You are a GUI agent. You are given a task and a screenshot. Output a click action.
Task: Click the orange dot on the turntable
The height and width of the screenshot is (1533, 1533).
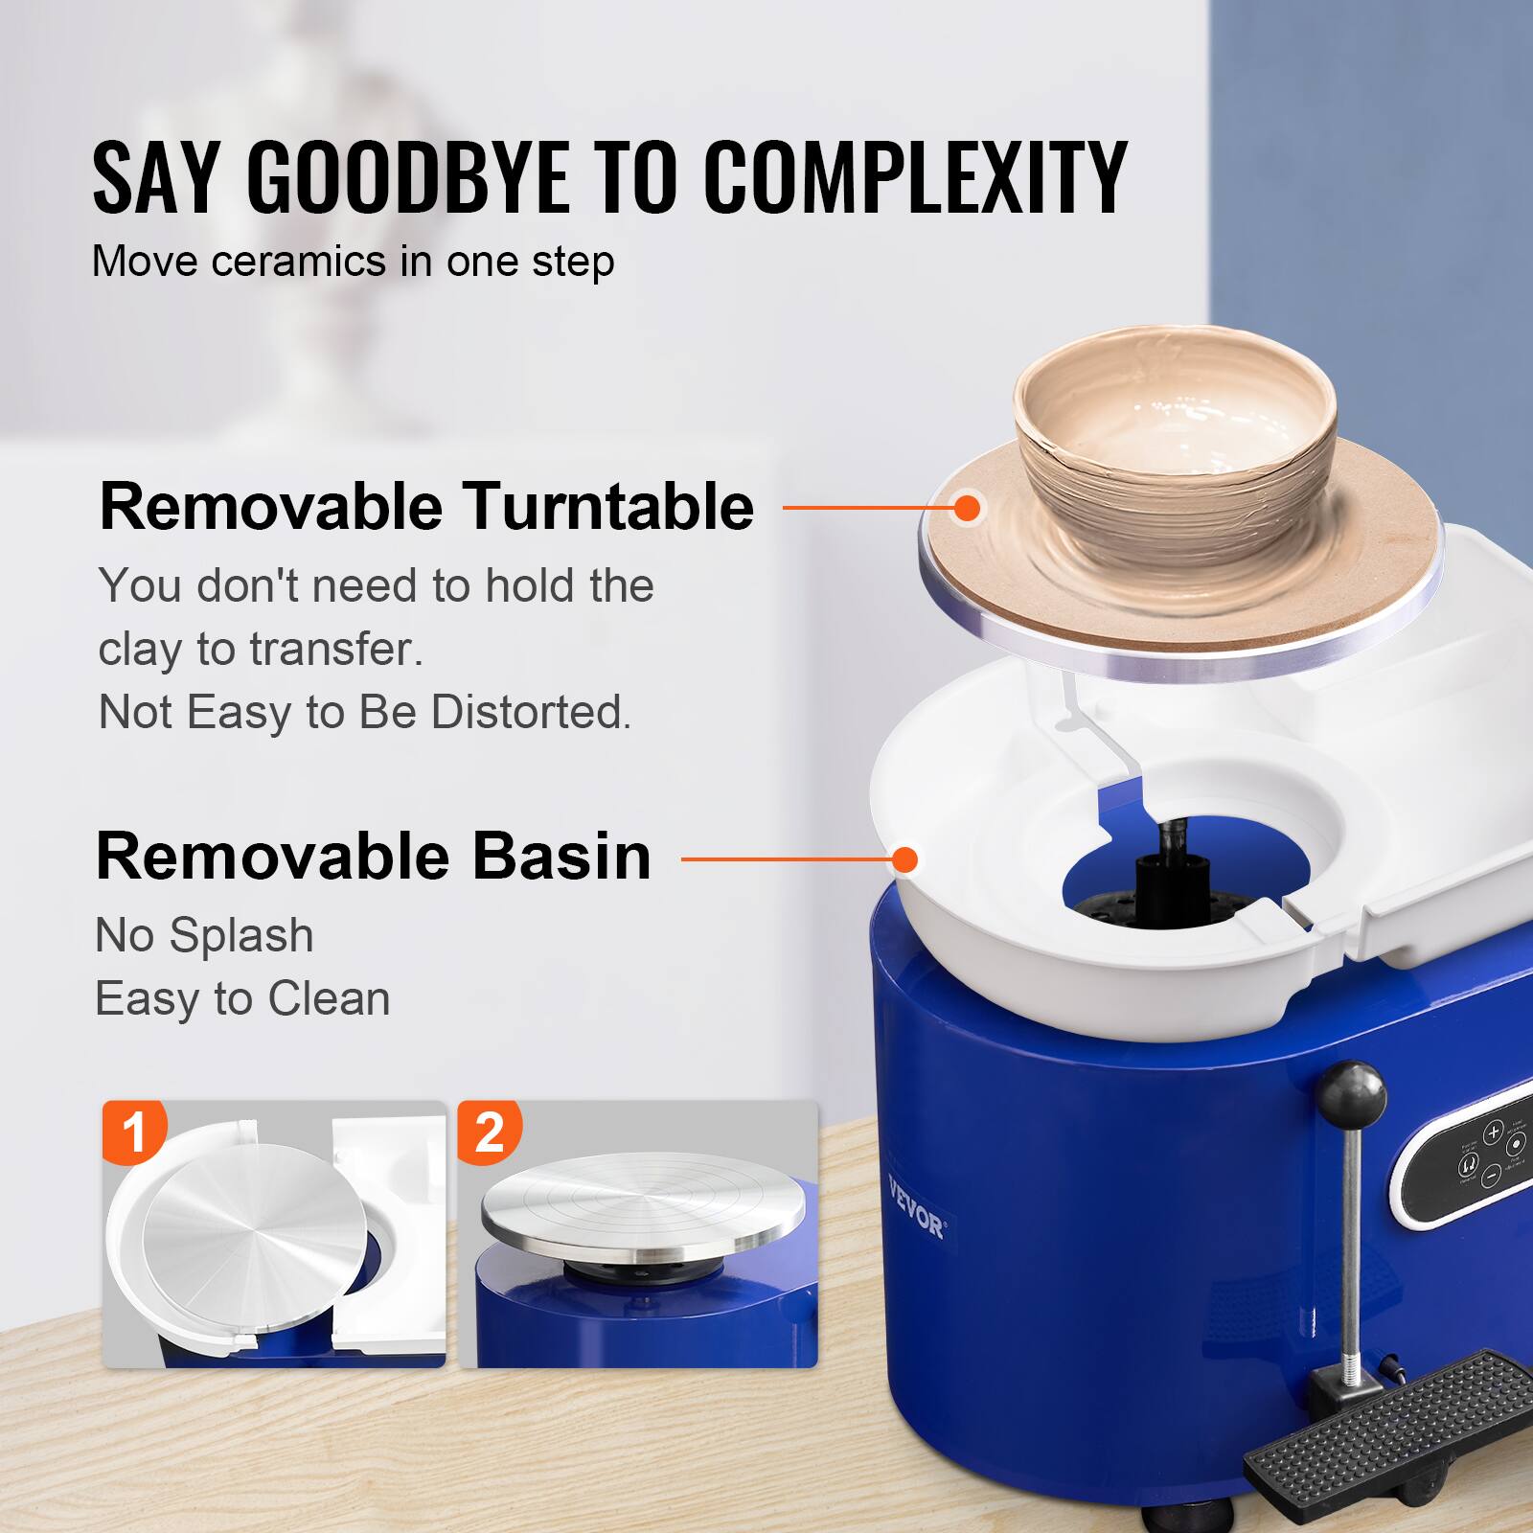968,508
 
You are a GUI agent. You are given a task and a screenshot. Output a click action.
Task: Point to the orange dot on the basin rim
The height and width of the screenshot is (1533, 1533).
904,859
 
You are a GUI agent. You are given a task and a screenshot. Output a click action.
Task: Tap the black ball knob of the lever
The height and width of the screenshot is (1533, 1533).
1352,1092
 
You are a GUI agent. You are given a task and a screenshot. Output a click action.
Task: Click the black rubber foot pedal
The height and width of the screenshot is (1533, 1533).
1389,1418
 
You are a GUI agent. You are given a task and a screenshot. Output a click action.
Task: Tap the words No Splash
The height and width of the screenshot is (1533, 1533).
204,935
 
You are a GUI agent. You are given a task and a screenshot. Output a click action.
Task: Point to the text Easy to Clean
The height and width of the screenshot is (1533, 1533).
242,999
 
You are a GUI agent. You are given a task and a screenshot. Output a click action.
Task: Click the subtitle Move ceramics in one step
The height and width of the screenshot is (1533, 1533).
353,262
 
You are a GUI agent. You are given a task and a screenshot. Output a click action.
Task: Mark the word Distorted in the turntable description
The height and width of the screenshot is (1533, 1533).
530,713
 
